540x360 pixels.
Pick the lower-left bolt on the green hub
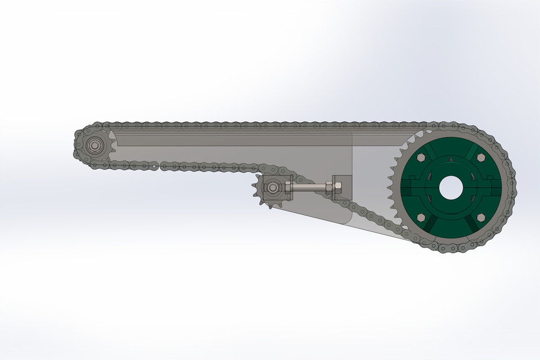(421, 218)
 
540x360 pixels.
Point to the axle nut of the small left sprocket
(94, 146)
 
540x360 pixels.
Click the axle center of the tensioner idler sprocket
(273, 187)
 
